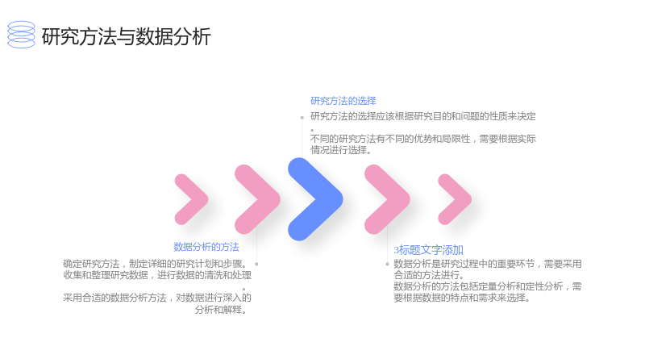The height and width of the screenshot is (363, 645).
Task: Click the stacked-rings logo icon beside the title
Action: (x=22, y=35)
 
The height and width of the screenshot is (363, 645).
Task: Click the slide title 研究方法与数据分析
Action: (x=127, y=36)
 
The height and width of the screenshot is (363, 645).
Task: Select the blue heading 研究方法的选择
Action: (x=343, y=101)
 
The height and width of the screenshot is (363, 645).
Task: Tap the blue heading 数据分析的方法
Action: (x=206, y=247)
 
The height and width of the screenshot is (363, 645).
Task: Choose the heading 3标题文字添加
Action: (x=428, y=250)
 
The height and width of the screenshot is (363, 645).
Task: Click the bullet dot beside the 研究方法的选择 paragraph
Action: (x=302, y=118)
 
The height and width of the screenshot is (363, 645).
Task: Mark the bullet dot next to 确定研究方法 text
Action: (x=256, y=265)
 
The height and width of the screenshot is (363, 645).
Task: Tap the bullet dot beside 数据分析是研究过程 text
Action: (x=387, y=265)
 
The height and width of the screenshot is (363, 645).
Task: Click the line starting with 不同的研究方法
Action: (x=422, y=139)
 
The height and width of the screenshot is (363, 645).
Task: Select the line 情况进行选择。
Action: (x=341, y=150)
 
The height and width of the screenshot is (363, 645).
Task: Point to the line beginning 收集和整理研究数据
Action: (x=157, y=275)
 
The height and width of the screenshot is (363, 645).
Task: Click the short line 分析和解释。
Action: (x=221, y=310)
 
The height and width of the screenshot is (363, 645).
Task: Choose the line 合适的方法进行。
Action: (x=429, y=275)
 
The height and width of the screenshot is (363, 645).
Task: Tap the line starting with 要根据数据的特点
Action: (x=462, y=298)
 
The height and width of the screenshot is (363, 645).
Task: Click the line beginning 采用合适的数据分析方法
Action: (x=157, y=298)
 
